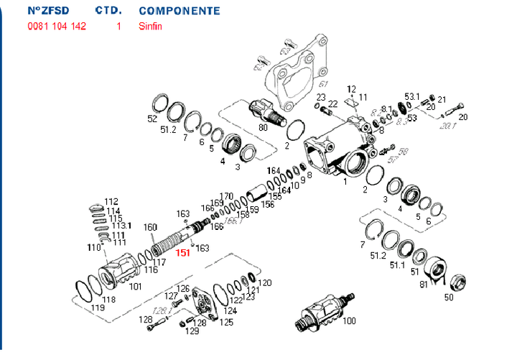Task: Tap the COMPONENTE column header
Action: click(x=179, y=11)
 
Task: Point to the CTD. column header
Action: click(x=108, y=11)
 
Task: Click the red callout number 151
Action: click(x=183, y=252)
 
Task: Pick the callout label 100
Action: click(x=350, y=320)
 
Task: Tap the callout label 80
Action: click(x=263, y=127)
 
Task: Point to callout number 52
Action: click(x=152, y=119)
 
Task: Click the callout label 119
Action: click(x=98, y=307)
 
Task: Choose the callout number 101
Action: click(x=135, y=287)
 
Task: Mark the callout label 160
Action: click(x=149, y=228)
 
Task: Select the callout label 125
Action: click(x=227, y=322)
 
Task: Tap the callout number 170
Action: click(x=226, y=196)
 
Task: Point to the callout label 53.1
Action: click(x=411, y=96)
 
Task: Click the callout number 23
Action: click(x=321, y=97)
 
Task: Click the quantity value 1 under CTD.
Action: click(x=118, y=26)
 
